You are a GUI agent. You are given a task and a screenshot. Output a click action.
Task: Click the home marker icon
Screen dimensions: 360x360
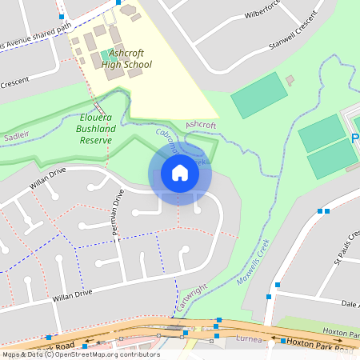180,172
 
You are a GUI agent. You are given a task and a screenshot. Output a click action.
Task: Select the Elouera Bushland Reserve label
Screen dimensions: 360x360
95,127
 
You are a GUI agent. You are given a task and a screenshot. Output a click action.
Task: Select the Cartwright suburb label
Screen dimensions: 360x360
191,298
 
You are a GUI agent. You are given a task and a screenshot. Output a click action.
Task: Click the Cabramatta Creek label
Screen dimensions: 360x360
169,143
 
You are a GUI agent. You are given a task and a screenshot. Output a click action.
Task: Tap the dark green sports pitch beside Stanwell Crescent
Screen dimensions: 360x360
258,94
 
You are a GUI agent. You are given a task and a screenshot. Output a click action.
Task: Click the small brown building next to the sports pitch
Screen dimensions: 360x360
290,80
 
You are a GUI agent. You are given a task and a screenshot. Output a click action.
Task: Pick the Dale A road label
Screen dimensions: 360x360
349,304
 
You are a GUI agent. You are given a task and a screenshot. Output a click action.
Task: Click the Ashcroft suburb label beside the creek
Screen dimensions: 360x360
201,126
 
